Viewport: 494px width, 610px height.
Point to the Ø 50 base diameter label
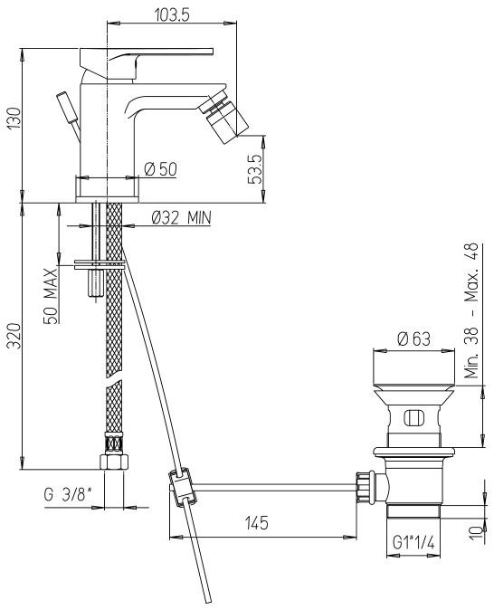pos(160,169)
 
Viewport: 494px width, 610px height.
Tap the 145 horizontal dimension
pos(263,524)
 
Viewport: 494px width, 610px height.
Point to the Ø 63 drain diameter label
pos(412,339)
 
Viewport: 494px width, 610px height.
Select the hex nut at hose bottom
pos(114,462)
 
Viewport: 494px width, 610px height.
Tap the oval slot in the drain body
pos(412,418)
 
